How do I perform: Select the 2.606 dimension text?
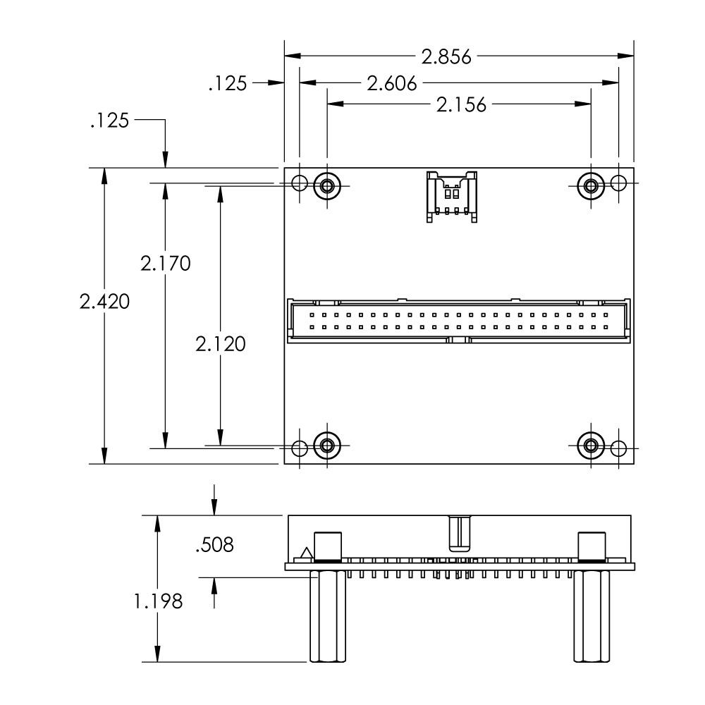[x=392, y=83]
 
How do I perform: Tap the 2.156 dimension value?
[x=462, y=105]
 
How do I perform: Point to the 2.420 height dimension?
[x=104, y=302]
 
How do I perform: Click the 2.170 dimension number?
[x=165, y=264]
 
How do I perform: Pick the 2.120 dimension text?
[x=221, y=344]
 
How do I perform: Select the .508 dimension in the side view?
[x=214, y=544]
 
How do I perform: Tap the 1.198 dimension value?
[x=158, y=601]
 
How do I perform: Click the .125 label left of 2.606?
[x=228, y=84]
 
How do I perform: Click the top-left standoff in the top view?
[x=326, y=185]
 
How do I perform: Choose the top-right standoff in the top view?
[x=591, y=185]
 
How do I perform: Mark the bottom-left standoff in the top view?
[x=326, y=446]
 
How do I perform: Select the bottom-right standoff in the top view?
[x=591, y=446]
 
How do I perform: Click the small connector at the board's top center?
[x=450, y=196]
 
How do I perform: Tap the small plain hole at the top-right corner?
[x=618, y=183]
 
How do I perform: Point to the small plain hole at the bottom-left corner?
[x=300, y=448]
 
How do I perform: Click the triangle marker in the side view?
[x=305, y=554]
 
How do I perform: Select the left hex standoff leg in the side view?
[x=326, y=616]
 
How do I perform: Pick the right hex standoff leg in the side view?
[x=591, y=616]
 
